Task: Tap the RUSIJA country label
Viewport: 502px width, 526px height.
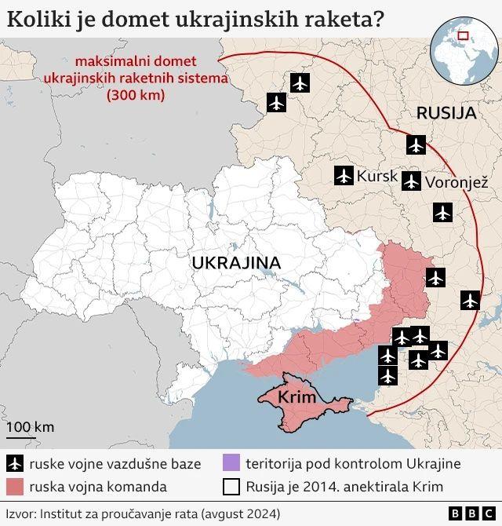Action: click(446, 112)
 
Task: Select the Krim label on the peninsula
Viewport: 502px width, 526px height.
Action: click(297, 397)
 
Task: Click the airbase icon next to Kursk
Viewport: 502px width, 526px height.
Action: click(343, 176)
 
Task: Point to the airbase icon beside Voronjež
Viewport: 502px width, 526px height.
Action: click(411, 182)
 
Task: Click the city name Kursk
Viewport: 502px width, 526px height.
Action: click(377, 176)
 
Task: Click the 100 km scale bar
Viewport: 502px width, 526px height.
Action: click(21, 436)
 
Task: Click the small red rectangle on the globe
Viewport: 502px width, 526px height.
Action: click(464, 35)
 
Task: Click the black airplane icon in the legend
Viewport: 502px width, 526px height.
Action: click(15, 463)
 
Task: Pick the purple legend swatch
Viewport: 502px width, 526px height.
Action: click(231, 463)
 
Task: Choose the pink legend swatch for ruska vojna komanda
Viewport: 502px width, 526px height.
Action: click(15, 487)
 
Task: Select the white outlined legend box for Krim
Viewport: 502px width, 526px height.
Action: click(231, 487)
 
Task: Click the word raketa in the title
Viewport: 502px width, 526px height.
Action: click(338, 17)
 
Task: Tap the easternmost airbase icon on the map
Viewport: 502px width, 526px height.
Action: click(470, 300)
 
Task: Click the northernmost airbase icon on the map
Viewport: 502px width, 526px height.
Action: click(300, 82)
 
